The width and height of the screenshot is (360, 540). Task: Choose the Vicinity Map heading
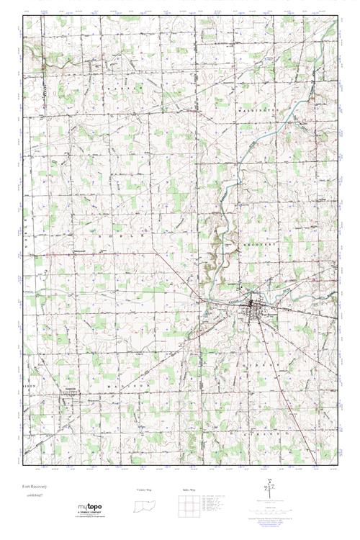[144, 489]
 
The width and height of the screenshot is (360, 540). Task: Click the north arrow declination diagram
[270, 487]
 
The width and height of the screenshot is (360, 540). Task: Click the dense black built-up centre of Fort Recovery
[253, 310]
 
